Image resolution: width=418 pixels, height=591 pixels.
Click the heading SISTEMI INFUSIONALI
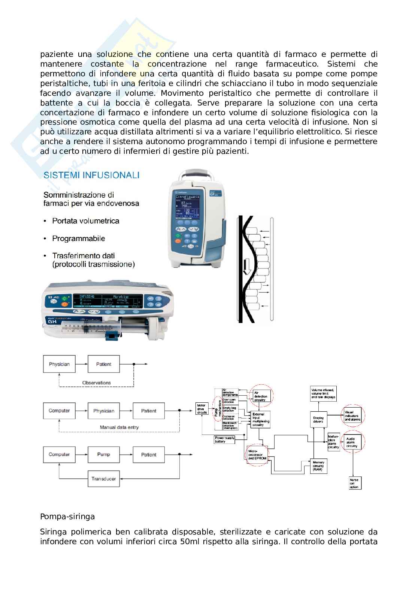[92, 175]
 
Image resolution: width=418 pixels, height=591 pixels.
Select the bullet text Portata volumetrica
[85, 221]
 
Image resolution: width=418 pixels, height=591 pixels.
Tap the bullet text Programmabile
[79, 238]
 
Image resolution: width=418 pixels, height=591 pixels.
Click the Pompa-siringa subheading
[67, 517]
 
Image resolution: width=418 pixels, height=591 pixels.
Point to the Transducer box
[103, 479]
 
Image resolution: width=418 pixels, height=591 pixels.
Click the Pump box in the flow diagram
[103, 454]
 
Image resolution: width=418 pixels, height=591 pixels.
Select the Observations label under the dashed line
[97, 383]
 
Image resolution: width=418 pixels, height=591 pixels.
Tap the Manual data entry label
[119, 427]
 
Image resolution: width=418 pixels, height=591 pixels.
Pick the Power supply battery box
[225, 440]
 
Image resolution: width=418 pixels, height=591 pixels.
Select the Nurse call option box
[354, 483]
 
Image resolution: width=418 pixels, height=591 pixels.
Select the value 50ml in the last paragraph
[193, 541]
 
